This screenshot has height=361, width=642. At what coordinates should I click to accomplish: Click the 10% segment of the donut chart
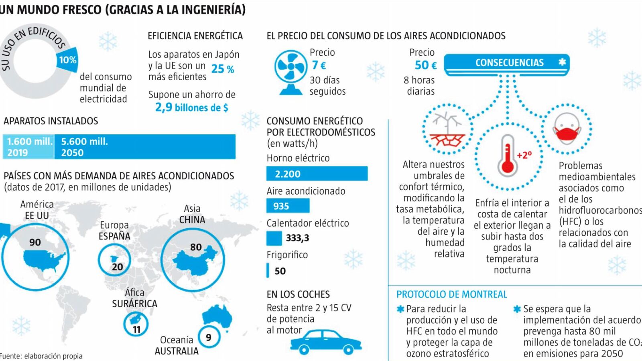coord(67,60)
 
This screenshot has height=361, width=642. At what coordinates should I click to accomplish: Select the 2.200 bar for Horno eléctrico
coord(317,174)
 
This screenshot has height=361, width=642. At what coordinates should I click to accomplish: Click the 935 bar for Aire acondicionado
coord(288,206)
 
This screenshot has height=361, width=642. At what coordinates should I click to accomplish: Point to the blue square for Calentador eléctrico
coord(274,238)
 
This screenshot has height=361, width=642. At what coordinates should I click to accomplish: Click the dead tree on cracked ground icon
coord(447,129)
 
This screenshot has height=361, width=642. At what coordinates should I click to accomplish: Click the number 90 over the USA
coord(35,242)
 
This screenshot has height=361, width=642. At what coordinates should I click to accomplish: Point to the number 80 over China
coord(196,247)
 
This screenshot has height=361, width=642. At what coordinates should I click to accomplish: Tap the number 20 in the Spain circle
coord(117,267)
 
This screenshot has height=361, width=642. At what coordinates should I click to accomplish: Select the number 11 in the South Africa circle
coord(137,329)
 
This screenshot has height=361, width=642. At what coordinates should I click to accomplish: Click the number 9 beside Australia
coord(209,337)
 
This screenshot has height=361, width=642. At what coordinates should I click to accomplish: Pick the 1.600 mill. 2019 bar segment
coord(29,147)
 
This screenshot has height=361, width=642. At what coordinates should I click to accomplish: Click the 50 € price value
coord(425,65)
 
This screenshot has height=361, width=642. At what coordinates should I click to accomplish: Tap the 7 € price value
coord(319,65)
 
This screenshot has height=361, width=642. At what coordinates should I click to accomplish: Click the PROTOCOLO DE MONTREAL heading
coord(451,294)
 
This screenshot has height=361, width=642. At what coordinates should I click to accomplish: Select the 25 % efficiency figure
coord(223,69)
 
